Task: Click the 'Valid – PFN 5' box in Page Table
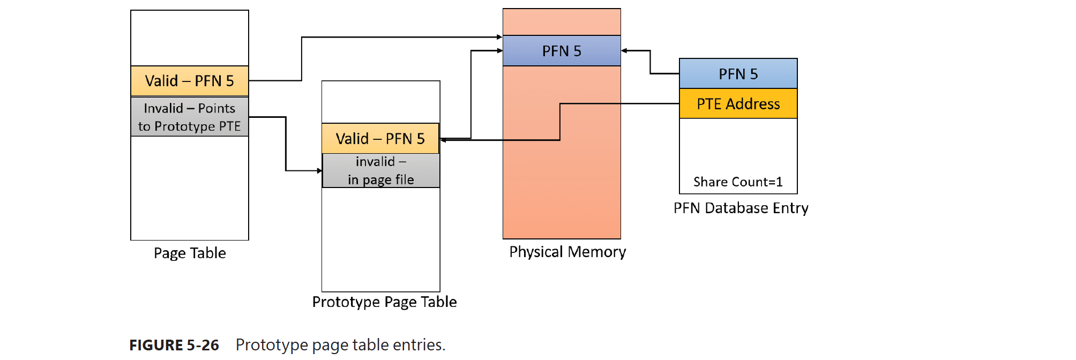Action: click(x=190, y=81)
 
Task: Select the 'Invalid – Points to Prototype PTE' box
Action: click(x=190, y=117)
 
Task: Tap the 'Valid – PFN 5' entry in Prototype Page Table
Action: click(x=380, y=139)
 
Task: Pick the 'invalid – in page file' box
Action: click(x=380, y=171)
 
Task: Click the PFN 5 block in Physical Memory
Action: click(x=562, y=51)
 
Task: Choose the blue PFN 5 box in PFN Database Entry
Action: click(x=738, y=74)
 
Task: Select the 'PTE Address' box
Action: click(x=738, y=104)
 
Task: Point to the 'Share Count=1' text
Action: click(x=738, y=182)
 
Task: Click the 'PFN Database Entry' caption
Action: click(x=741, y=208)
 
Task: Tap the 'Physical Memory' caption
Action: click(x=567, y=252)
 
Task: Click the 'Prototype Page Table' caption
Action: click(x=384, y=302)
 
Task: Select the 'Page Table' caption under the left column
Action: click(x=190, y=253)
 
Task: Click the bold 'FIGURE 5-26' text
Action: click(x=174, y=345)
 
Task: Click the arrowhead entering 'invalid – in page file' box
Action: click(x=319, y=171)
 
